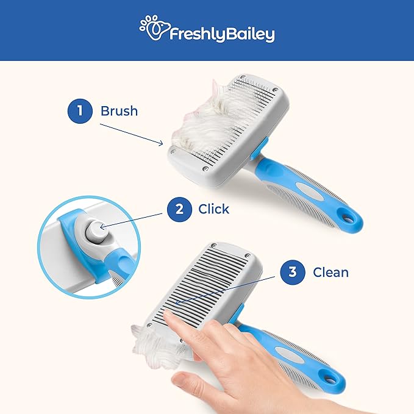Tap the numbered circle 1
click(79, 111)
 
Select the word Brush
click(119, 111)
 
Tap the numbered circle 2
click(179, 209)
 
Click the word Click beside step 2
click(213, 209)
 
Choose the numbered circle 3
click(293, 272)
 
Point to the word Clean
click(330, 272)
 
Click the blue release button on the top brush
click(260, 146)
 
